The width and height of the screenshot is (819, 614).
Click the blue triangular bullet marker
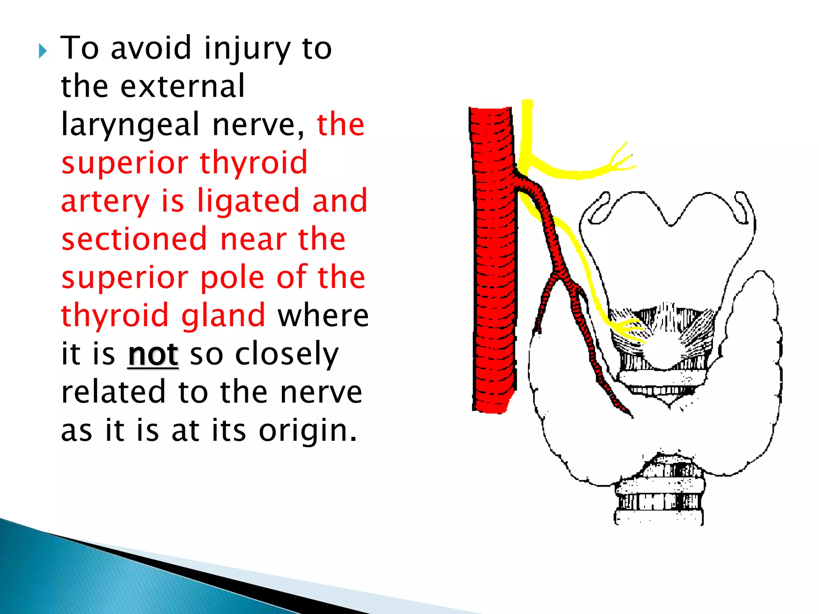point(43,51)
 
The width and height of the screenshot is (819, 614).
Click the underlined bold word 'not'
point(153,354)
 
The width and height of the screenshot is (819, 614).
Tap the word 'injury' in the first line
point(247,49)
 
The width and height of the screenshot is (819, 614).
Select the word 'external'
point(182,86)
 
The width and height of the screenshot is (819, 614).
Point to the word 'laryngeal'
point(130,125)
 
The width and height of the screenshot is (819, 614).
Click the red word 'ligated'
point(248,201)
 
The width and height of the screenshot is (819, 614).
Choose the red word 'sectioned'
point(134,239)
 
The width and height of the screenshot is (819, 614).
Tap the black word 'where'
point(323,315)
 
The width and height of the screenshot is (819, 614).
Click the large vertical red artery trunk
point(493,260)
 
